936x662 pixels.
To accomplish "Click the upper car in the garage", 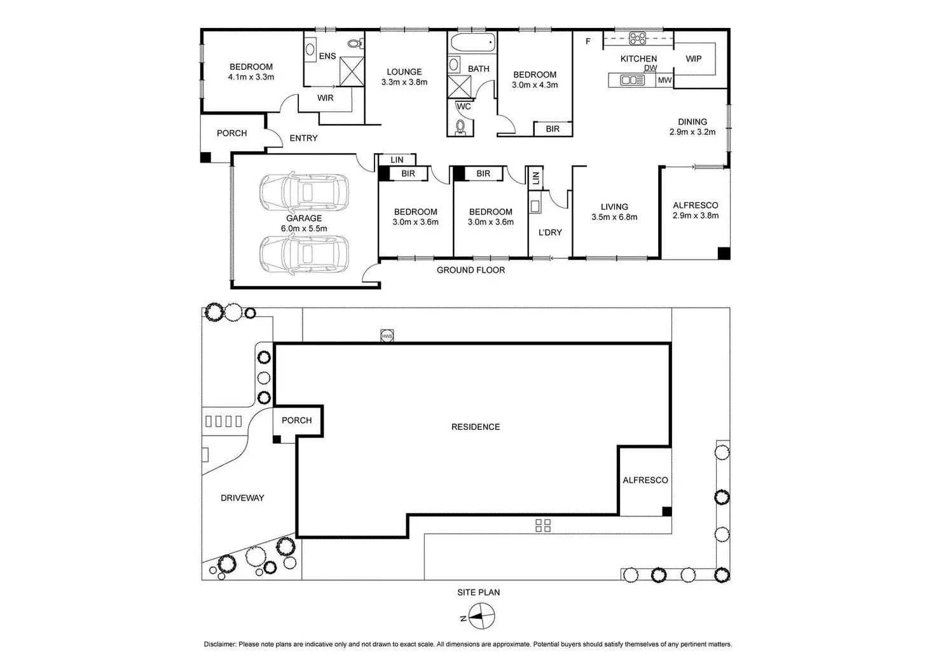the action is (303, 192).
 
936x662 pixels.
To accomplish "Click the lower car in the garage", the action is (303, 254).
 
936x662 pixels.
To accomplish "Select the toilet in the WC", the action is (461, 127).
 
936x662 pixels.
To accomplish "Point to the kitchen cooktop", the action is (638, 39).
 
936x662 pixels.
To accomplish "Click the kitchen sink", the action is (632, 80).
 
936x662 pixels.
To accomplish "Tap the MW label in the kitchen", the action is (664, 80).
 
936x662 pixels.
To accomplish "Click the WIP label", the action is (694, 59).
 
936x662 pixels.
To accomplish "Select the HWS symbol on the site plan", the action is (387, 336).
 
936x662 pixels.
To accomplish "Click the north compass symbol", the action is (484, 617).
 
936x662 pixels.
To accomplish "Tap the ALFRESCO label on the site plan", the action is (645, 480).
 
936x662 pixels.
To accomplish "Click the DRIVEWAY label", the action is (242, 498).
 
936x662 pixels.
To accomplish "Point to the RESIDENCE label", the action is (476, 427).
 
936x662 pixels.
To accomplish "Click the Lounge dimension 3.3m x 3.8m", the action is (404, 82).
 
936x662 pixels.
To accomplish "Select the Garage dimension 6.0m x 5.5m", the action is (304, 228).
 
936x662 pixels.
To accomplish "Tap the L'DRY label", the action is (550, 233).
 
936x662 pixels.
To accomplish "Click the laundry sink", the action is (535, 206).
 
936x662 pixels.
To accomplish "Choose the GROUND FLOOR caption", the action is (471, 270).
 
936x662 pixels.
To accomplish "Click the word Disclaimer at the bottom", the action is (220, 644).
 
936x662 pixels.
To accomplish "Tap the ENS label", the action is (327, 56).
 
